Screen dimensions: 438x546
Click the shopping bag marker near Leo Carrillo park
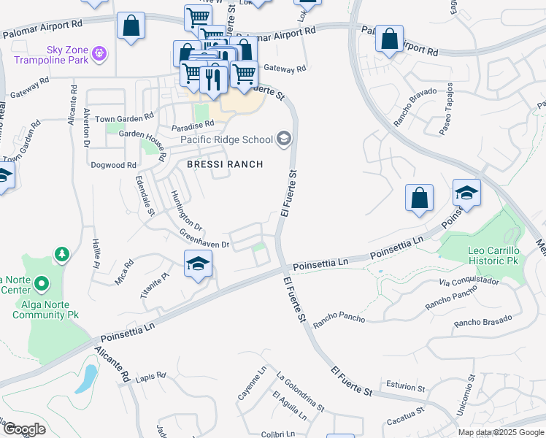[x=419, y=199]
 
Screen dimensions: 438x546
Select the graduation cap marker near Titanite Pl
[x=197, y=264]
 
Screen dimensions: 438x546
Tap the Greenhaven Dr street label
[x=205, y=239]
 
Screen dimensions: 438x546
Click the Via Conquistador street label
[x=469, y=281]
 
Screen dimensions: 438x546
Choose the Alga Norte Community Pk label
[x=45, y=310]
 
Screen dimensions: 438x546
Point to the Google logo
[x=24, y=430]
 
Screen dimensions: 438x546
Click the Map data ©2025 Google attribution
[x=501, y=432]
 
